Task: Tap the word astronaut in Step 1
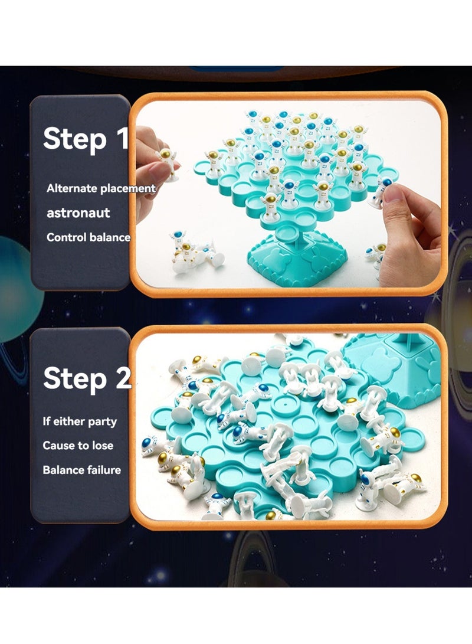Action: pyautogui.click(x=78, y=213)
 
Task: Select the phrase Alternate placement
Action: pyautogui.click(x=101, y=188)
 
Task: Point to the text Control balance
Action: pyautogui.click(x=88, y=237)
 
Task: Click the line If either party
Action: pyautogui.click(x=80, y=421)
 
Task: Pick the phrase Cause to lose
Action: pyautogui.click(x=78, y=446)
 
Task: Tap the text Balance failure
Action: pyautogui.click(x=81, y=470)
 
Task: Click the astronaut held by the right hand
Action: pyautogui.click(x=381, y=192)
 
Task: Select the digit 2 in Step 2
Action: pyautogui.click(x=123, y=378)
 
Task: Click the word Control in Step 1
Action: pyautogui.click(x=67, y=237)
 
